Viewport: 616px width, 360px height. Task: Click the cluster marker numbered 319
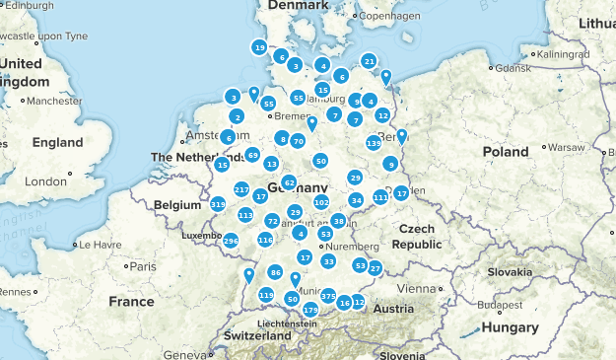click(218, 204)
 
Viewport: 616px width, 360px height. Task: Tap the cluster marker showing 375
click(329, 296)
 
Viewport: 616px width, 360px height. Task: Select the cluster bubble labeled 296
click(231, 241)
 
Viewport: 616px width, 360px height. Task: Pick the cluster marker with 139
click(373, 143)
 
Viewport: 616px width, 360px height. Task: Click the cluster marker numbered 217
click(241, 188)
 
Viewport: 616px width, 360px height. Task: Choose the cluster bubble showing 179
click(310, 310)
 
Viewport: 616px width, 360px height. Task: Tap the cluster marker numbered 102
click(321, 202)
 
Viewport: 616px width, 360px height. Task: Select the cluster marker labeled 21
click(369, 61)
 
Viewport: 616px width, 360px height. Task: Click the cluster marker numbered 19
click(259, 47)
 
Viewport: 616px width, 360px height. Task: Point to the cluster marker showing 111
click(380, 197)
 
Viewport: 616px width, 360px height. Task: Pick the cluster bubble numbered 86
click(275, 272)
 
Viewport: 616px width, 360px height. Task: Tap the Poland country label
click(505, 151)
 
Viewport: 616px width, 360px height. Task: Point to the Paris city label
click(143, 266)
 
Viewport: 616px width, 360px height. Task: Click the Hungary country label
click(511, 327)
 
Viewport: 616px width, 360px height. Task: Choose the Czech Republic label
click(420, 236)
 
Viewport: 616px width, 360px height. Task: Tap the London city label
click(44, 181)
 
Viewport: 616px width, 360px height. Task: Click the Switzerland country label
click(257, 335)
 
